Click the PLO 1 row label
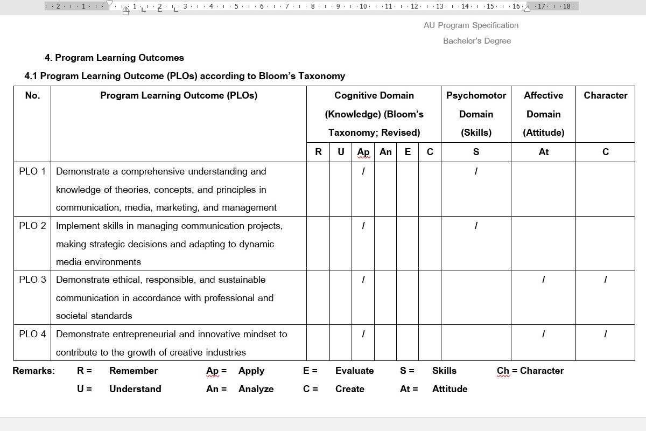pyautogui.click(x=32, y=171)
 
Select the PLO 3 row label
pyautogui.click(x=32, y=280)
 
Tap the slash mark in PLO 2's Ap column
pyautogui.click(x=363, y=226)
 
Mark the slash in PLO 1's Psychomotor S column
pyautogui.click(x=476, y=171)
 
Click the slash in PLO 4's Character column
pyautogui.click(x=606, y=334)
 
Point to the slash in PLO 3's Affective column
pyautogui.click(x=543, y=280)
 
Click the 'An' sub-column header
pyautogui.click(x=385, y=152)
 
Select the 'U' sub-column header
pyautogui.click(x=341, y=152)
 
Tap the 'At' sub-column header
pyautogui.click(x=543, y=152)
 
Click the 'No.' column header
pyautogui.click(x=32, y=95)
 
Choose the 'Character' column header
pyautogui.click(x=606, y=95)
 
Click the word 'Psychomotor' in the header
pyautogui.click(x=476, y=95)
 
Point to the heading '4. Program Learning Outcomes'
pyautogui.click(x=114, y=58)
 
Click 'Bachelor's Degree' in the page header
pyautogui.click(x=477, y=41)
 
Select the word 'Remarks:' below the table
pyautogui.click(x=33, y=371)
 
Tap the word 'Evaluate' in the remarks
pyautogui.click(x=354, y=371)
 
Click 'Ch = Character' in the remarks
pyautogui.click(x=530, y=371)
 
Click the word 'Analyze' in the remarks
pyautogui.click(x=256, y=389)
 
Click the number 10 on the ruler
pyautogui.click(x=363, y=6)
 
